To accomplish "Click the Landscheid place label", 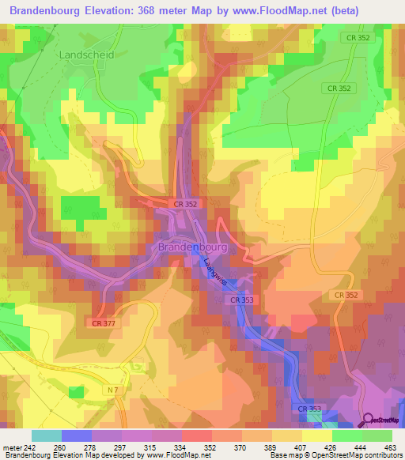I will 86,55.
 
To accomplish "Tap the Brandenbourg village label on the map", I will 193,247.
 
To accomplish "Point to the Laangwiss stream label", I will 214,271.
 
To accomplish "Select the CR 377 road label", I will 104,322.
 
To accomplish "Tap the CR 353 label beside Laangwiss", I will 242,300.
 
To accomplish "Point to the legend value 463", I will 390,447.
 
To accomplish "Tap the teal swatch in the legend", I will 46,435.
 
